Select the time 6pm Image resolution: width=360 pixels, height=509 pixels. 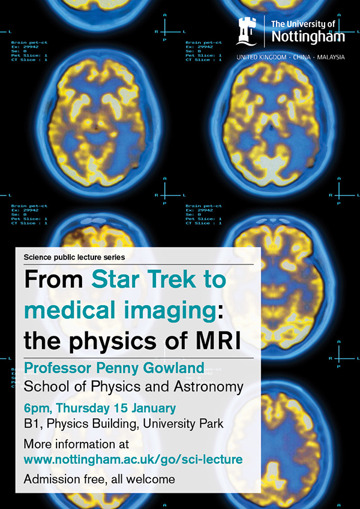click(37, 409)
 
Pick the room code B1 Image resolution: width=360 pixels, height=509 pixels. click(32, 424)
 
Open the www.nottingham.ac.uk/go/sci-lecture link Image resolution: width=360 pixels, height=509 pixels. click(133, 459)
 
